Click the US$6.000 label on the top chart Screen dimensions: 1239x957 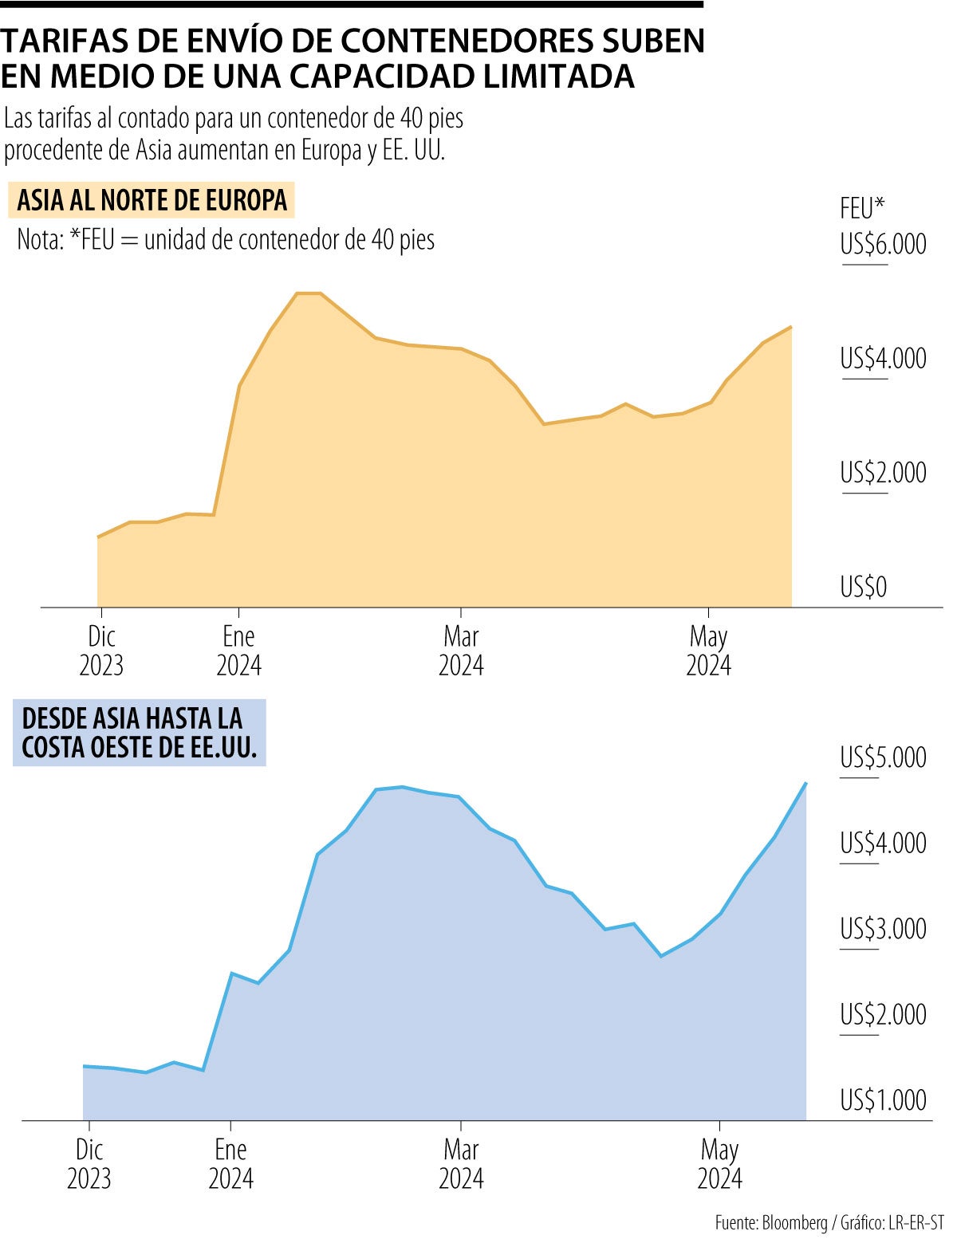coord(883,244)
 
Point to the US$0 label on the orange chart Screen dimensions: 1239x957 coord(863,588)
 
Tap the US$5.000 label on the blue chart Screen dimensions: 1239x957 coord(883,757)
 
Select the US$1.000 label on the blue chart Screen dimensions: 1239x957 coord(883,1101)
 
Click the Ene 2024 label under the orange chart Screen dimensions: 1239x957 coord(238,651)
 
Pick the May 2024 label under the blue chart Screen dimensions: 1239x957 coord(719,1164)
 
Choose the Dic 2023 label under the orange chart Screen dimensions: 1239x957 coord(101,651)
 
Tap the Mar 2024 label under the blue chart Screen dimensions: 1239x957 coord(461,1164)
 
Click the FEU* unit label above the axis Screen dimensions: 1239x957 coord(862,209)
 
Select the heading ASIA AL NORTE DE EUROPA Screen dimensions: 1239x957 coord(152,200)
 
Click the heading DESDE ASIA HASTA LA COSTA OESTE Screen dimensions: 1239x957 coord(140,734)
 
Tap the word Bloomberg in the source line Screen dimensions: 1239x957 coord(794,1222)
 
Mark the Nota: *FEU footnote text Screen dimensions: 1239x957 coord(226,239)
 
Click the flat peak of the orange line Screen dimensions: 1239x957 coord(309,293)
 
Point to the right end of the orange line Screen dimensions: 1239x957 coord(790,327)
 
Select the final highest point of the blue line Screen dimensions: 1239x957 coord(805,784)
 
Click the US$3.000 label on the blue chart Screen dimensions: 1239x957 coord(883,930)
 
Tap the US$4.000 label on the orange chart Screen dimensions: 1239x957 coord(883,359)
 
